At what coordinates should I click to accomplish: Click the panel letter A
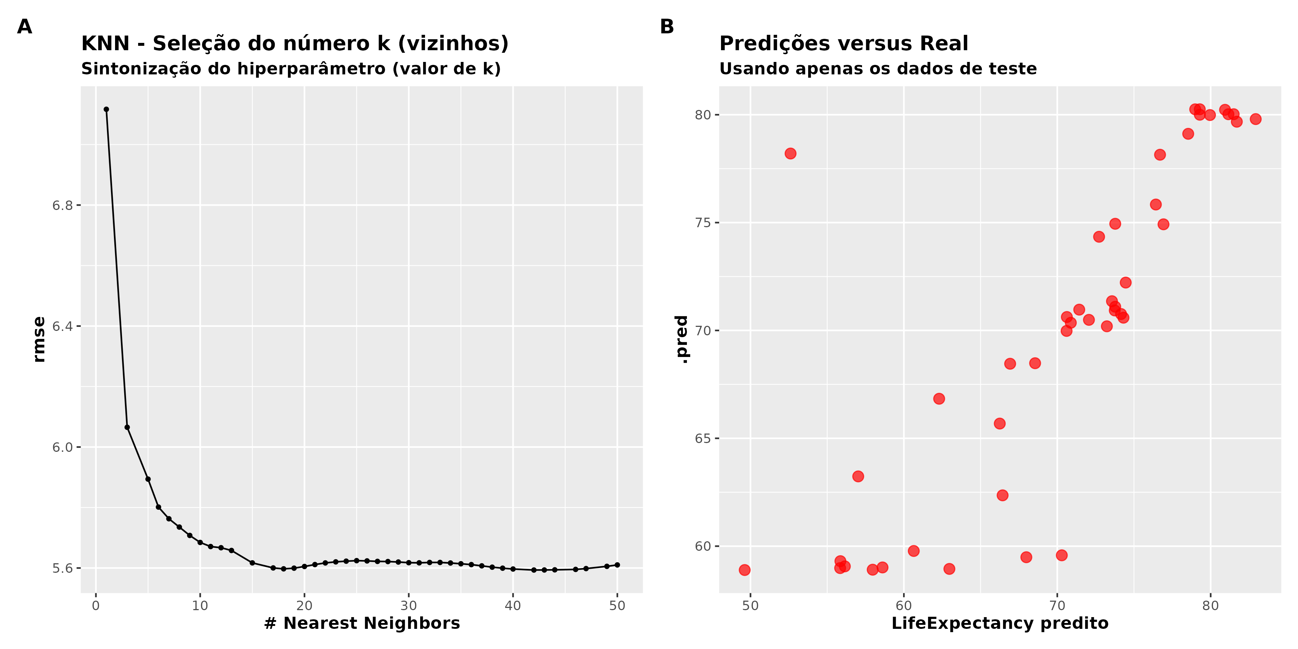pyautogui.click(x=24, y=27)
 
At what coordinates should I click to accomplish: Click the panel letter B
pyautogui.click(x=667, y=27)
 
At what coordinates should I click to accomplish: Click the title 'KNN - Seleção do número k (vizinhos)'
pyautogui.click(x=295, y=44)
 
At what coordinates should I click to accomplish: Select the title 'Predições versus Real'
pyautogui.click(x=843, y=44)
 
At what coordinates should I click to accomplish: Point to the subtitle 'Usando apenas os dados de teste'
pyautogui.click(x=878, y=69)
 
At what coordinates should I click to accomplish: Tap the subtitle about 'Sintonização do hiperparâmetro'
pyautogui.click(x=291, y=69)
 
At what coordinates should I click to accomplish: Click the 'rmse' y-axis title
pyautogui.click(x=39, y=339)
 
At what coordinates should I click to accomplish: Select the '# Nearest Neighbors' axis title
pyautogui.click(x=362, y=623)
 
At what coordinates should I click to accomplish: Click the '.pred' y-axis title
pyautogui.click(x=682, y=339)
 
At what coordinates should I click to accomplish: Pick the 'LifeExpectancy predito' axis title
pyautogui.click(x=1000, y=623)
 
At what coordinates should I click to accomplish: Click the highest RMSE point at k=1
pyautogui.click(x=106, y=109)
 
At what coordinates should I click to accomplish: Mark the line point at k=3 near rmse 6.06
pyautogui.click(x=127, y=427)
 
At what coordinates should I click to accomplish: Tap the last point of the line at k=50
pyautogui.click(x=617, y=565)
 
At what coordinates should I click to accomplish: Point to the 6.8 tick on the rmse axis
pyautogui.click(x=63, y=206)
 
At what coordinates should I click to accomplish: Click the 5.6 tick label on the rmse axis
pyautogui.click(x=63, y=568)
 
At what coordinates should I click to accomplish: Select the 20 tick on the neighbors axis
pyautogui.click(x=304, y=605)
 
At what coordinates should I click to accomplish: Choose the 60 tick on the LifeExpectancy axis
pyautogui.click(x=903, y=605)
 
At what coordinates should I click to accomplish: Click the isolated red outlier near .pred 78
pyautogui.click(x=790, y=154)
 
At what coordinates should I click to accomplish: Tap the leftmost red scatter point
pyautogui.click(x=744, y=570)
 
